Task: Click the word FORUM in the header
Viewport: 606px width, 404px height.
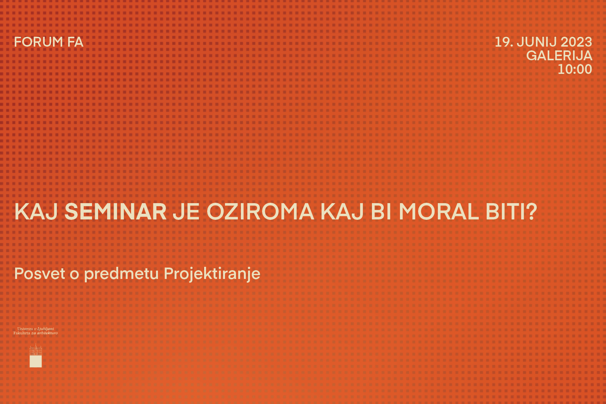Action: click(x=38, y=42)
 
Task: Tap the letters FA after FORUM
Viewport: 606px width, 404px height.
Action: click(x=75, y=42)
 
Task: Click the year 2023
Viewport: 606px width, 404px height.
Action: click(x=576, y=42)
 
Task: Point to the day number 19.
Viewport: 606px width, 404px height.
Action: click(x=504, y=42)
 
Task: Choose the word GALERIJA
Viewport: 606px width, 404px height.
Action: click(x=559, y=56)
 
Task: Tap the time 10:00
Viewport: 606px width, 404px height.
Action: click(x=575, y=69)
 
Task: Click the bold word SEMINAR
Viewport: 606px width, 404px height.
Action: click(x=116, y=211)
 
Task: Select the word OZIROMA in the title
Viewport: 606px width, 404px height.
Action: click(x=260, y=211)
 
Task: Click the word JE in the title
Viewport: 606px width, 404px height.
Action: click(x=186, y=211)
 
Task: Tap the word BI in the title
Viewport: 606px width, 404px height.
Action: click(x=381, y=211)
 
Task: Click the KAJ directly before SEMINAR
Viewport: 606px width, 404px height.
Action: click(x=36, y=211)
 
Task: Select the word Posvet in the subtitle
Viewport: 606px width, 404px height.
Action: click(x=40, y=274)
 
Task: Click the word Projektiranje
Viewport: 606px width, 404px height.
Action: click(x=212, y=274)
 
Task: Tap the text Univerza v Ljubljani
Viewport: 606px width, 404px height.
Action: click(x=36, y=329)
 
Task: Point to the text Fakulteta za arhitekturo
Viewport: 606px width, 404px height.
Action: click(x=36, y=333)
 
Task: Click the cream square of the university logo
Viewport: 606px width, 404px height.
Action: click(x=36, y=361)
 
